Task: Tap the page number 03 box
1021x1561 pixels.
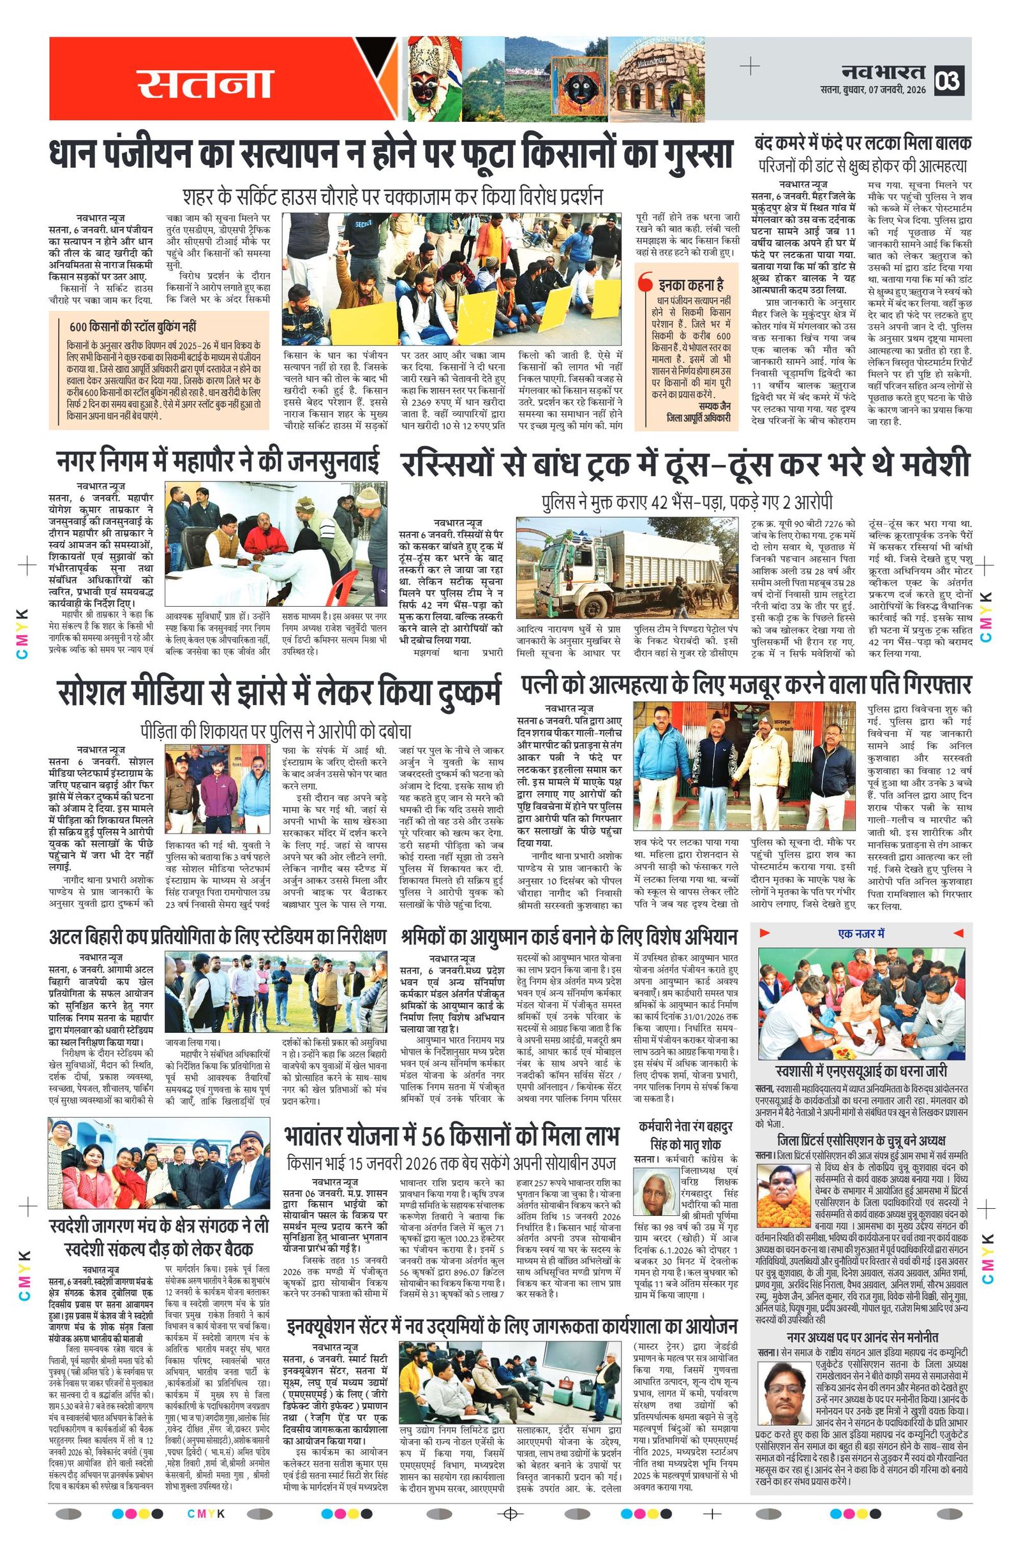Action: point(948,80)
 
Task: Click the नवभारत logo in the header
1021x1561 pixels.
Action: point(883,71)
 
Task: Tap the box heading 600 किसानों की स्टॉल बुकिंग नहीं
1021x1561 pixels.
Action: point(133,327)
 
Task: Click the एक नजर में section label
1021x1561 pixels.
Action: point(861,933)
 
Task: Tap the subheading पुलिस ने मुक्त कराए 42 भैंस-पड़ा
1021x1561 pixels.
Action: point(687,503)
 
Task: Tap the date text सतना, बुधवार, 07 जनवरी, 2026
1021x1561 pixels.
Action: point(873,90)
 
